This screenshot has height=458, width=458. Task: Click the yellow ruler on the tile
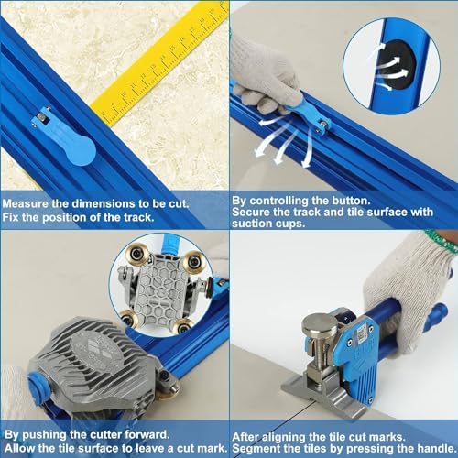162,64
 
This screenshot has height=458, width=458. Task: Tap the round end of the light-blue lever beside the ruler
80,151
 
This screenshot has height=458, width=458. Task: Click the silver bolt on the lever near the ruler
40,116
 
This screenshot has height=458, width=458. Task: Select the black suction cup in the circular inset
397,65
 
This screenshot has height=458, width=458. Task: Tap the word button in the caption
351,201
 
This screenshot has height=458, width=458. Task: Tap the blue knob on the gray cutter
38,387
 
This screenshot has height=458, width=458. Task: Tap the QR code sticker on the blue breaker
362,333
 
